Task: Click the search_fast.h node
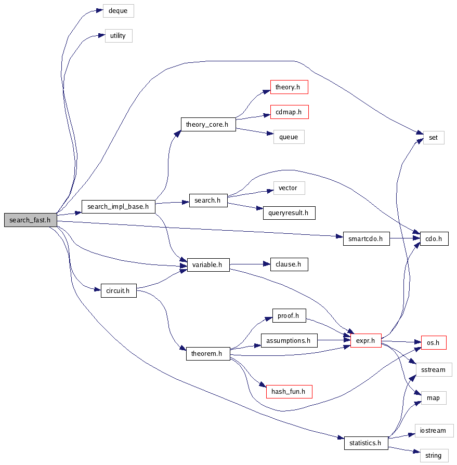pos(30,220)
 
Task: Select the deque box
pos(118,10)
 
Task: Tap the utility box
pos(118,36)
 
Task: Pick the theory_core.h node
pos(208,125)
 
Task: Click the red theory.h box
pos(289,87)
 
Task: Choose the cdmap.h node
pos(289,112)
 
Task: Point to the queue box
pos(289,137)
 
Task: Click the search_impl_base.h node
pos(119,207)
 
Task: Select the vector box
pos(289,188)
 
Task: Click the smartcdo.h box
pos(366,239)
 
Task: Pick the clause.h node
pos(289,264)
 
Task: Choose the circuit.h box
pos(118,291)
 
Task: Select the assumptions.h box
pos(289,341)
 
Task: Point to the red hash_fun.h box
pos(289,391)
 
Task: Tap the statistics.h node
pos(366,443)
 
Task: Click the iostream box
pos(434,431)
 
